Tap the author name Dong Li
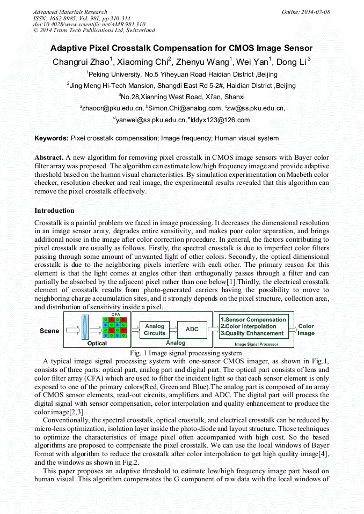292,62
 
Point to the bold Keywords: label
52,138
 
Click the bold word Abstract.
49,158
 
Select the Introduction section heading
54,211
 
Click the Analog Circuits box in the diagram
155,330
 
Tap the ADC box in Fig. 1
192,330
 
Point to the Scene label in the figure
49,331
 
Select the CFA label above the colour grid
115,315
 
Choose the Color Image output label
306,330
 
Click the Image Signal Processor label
256,344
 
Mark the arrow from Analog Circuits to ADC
174,330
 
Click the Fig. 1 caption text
182,353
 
